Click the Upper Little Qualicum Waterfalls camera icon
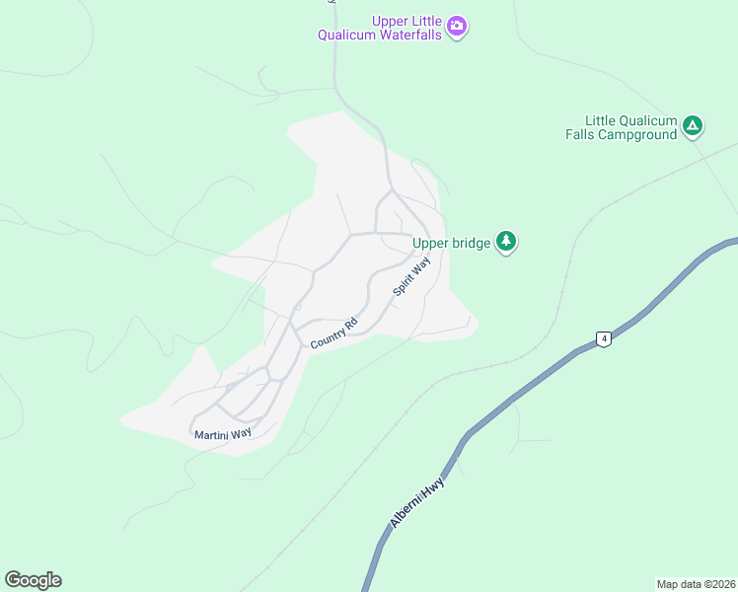(456, 26)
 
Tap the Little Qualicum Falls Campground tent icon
(693, 125)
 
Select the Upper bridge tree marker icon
(506, 242)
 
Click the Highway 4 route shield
(604, 339)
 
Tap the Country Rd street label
(332, 333)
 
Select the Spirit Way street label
(412, 275)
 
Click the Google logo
(33, 580)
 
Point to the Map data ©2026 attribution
(696, 583)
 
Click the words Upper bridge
(451, 243)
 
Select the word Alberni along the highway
(408, 513)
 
